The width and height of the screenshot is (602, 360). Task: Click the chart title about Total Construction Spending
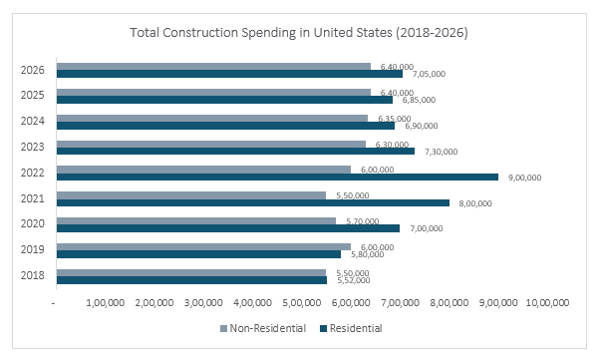(299, 33)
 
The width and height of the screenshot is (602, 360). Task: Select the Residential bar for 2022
(277, 178)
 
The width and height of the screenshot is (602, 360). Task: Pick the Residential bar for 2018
(191, 280)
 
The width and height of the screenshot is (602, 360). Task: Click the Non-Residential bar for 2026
(213, 66)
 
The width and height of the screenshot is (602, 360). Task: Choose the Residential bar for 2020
(228, 228)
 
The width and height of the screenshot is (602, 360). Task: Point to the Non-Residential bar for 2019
(203, 246)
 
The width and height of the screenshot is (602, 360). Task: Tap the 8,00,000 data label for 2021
(472, 203)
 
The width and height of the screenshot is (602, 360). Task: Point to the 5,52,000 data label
(350, 280)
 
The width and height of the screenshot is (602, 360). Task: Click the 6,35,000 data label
(390, 118)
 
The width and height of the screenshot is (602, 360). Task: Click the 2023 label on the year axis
(31, 147)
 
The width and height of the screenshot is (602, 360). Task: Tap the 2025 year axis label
(31, 95)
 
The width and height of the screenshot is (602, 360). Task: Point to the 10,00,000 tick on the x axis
(546, 302)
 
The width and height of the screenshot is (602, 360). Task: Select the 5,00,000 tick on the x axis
(302, 302)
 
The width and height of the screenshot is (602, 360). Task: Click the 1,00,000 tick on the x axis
(106, 302)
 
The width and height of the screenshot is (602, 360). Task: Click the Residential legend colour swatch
(323, 327)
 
